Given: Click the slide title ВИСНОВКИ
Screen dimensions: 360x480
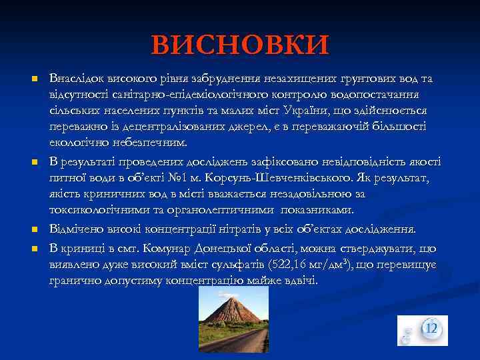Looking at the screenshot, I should pos(240,45).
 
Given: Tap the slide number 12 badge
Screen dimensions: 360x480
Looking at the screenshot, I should pos(431,329).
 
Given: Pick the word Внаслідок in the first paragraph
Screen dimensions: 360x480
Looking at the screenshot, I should pos(77,79).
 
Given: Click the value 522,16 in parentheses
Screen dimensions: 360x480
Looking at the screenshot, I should pos(293,265).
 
